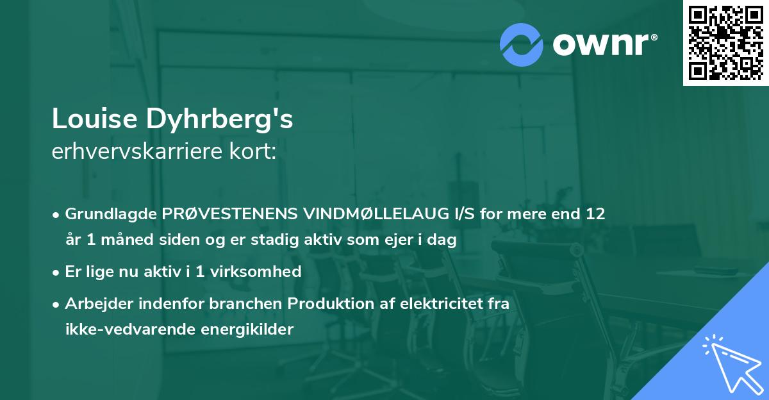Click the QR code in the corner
point(725,43)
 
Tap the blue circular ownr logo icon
point(522,44)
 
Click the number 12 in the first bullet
point(595,213)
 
